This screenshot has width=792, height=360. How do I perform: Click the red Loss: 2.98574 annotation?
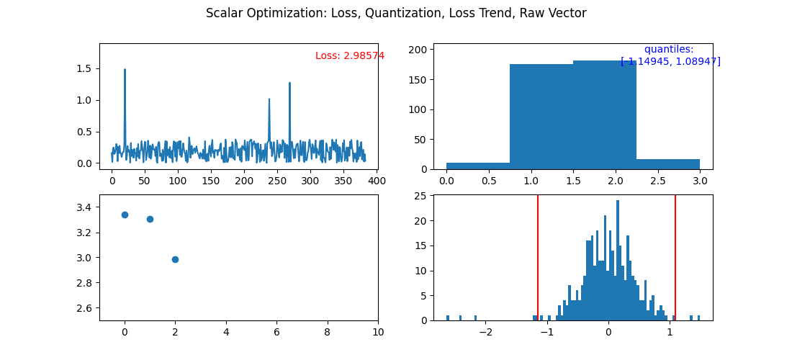point(349,55)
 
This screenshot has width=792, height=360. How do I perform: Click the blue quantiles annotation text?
point(670,55)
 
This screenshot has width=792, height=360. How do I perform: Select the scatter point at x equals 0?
point(125,215)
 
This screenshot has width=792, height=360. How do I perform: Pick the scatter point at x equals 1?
point(150,219)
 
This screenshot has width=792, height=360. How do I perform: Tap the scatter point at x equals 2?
point(175,259)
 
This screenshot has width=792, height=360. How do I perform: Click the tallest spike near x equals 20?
point(125,71)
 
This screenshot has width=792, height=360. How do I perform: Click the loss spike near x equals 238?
point(269,100)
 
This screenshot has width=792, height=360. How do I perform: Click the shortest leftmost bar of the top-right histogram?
point(478,166)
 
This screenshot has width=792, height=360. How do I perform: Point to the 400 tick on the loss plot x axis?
point(377,181)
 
